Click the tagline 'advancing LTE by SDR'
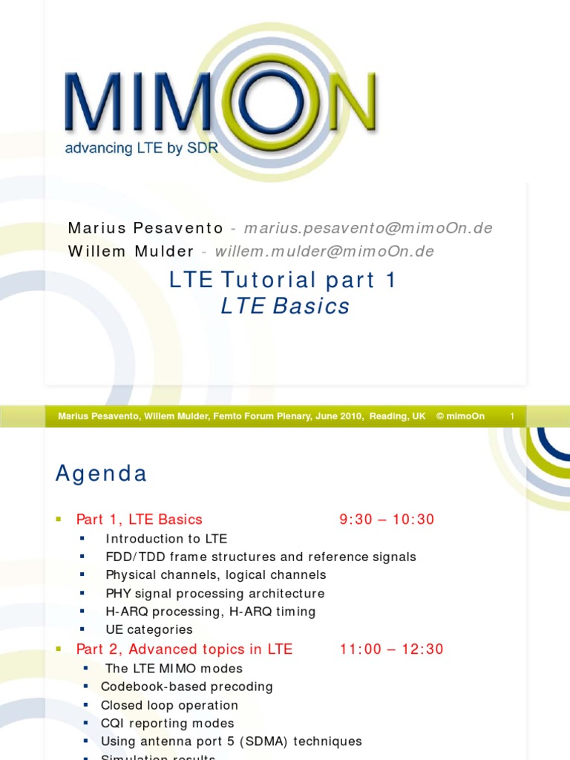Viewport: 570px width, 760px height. coord(142,148)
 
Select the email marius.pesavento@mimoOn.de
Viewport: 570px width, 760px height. coord(368,228)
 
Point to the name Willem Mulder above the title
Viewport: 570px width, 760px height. coord(131,252)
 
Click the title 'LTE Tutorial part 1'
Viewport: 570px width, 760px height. coord(284,280)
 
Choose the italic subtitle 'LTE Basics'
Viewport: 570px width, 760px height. coord(285,306)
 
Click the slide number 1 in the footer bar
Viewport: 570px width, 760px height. coord(512,416)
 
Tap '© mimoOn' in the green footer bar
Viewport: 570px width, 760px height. coord(460,416)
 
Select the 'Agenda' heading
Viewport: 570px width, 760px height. coord(101,474)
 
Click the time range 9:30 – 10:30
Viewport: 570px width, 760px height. coord(387,520)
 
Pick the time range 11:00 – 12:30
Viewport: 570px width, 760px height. coord(391,649)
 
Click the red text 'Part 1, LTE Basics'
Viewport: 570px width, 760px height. coord(139,520)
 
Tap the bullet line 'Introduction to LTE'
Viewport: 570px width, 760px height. coord(166,539)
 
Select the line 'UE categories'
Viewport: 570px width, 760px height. coord(149,630)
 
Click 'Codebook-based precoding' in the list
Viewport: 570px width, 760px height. coord(187,687)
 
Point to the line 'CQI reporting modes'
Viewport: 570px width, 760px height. coord(168,724)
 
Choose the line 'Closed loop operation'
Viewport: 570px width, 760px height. coord(169,705)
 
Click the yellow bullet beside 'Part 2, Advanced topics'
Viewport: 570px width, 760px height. coord(59,649)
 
